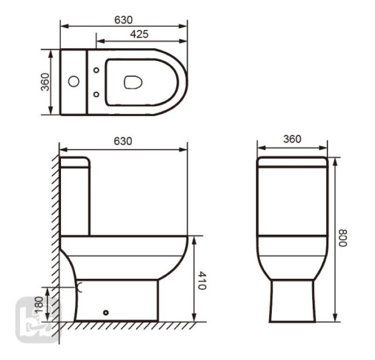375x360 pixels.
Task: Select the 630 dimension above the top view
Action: (x=123, y=20)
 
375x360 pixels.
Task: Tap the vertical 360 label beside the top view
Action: (x=45, y=82)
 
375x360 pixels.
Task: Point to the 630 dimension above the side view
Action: (x=123, y=141)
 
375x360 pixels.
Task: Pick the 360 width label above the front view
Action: (x=292, y=139)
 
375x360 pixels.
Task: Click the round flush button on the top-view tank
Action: (x=74, y=82)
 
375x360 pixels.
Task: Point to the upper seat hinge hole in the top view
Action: (x=98, y=69)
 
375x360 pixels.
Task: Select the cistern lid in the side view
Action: (x=75, y=161)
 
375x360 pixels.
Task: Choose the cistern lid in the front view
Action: (x=292, y=162)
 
